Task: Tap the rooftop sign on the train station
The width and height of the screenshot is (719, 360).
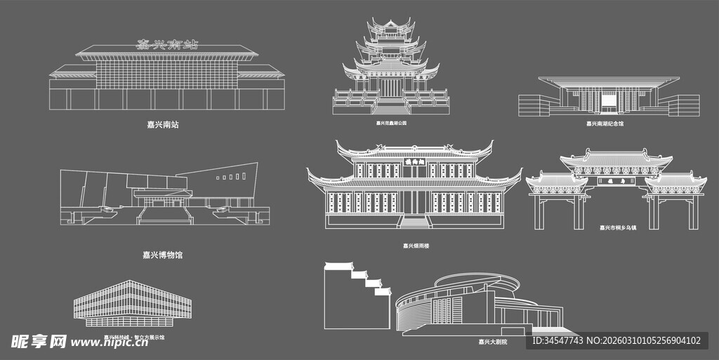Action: [x=166, y=45]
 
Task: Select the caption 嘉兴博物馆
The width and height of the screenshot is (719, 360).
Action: [x=162, y=255]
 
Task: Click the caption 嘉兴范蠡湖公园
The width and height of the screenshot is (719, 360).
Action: [x=391, y=123]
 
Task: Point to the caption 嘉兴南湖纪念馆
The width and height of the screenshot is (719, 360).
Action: [x=605, y=124]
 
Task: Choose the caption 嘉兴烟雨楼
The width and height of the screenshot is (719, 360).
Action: [x=416, y=246]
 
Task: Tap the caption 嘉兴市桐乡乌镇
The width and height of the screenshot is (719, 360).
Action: [x=617, y=227]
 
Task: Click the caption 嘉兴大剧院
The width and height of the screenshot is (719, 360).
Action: [x=492, y=342]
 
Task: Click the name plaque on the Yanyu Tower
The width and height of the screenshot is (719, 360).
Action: [x=415, y=161]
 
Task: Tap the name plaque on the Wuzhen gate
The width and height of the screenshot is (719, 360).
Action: [x=616, y=180]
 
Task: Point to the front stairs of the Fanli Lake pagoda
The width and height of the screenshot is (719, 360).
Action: [x=391, y=108]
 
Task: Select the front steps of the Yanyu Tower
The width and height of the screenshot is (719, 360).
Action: [x=415, y=222]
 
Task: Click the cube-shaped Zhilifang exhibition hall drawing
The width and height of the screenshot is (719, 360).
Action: [x=133, y=304]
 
